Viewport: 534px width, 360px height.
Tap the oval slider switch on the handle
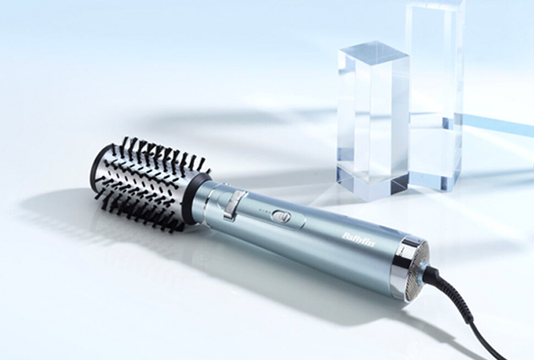281,216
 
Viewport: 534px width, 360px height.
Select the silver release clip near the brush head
234,204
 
